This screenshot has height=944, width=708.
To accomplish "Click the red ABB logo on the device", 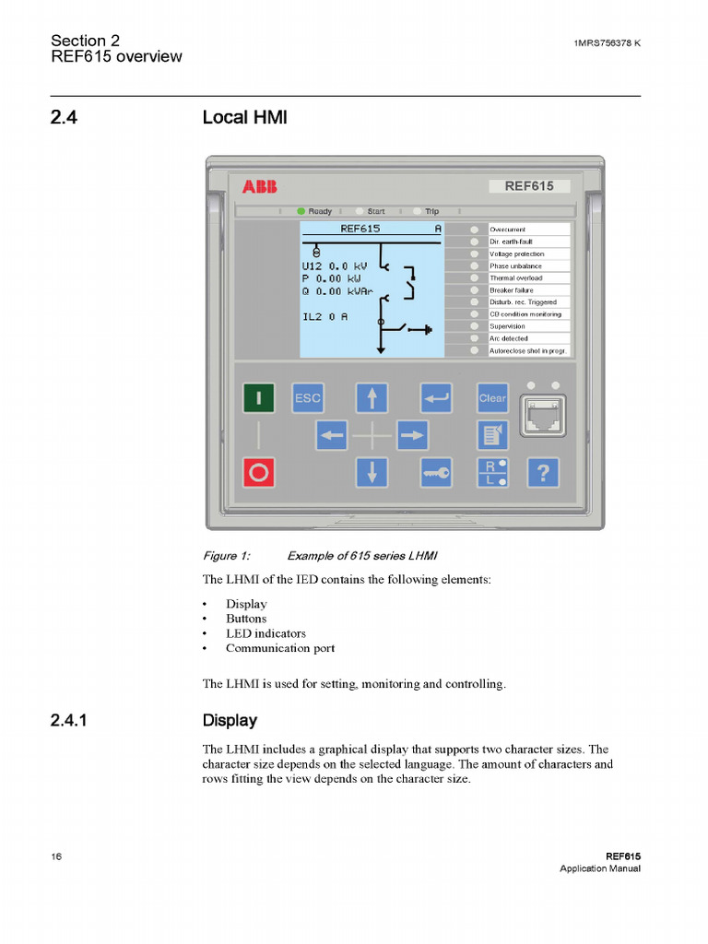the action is pos(259,187).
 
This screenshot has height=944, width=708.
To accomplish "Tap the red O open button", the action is pos(259,473).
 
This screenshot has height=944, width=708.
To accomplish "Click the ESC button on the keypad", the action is pos(307,398).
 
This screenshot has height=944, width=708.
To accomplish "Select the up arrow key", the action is pos(372,398).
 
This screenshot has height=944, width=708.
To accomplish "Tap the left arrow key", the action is pos(331,434).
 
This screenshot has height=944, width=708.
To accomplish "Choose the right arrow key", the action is pos(412,434).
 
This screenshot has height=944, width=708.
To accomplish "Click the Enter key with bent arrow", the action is pos(436,398).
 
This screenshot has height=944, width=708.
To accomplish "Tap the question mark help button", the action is pos(543,473).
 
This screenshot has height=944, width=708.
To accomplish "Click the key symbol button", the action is pos(436,473).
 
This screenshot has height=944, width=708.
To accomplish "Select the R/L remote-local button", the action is pos(492,473).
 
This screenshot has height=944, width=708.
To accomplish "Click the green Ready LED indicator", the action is pos(301,211).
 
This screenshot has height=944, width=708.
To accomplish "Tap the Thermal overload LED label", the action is pos(516,277).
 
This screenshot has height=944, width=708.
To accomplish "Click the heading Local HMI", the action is pos(238,118).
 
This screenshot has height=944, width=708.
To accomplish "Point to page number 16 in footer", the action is pos(57,856).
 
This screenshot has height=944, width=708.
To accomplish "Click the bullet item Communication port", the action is pos(280,648).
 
